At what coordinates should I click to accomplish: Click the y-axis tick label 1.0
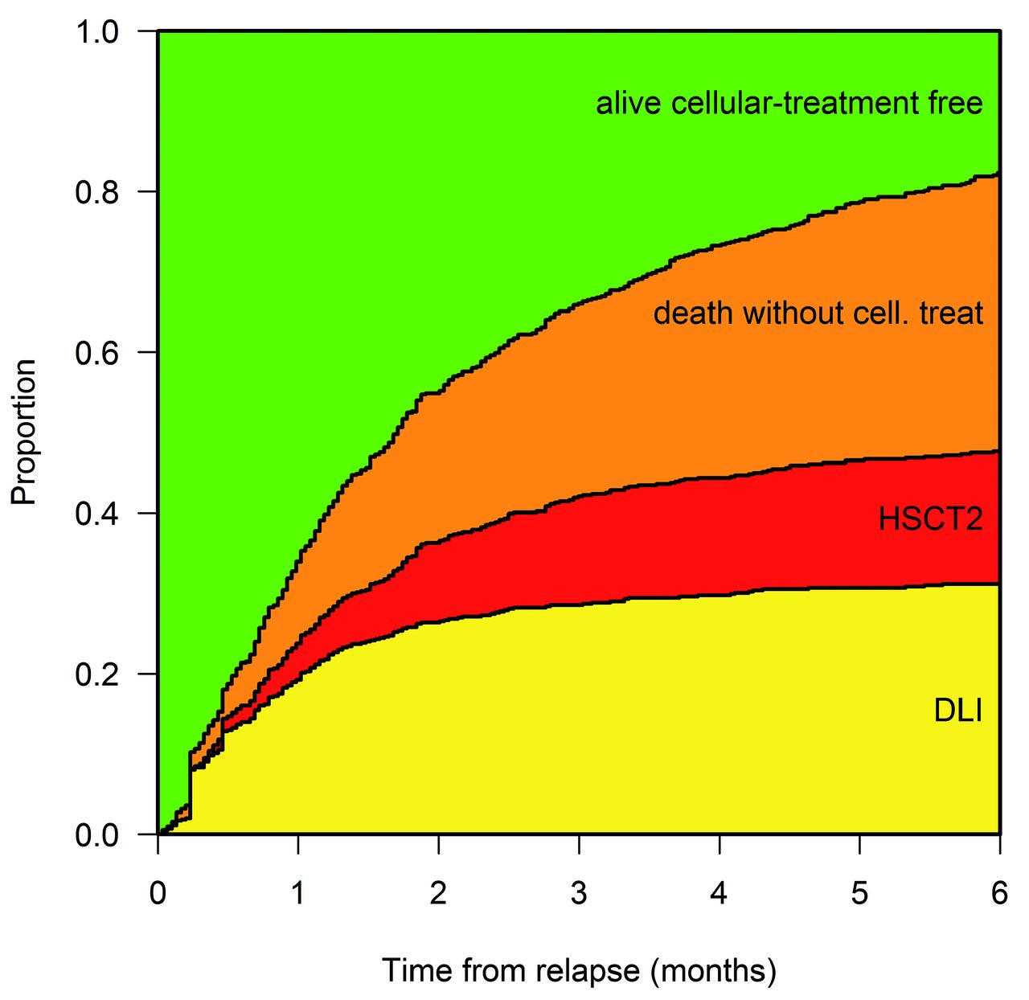(x=96, y=32)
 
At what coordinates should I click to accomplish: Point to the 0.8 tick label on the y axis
(x=96, y=193)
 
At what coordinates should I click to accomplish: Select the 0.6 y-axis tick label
(x=96, y=353)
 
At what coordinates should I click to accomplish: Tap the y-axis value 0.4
(x=96, y=514)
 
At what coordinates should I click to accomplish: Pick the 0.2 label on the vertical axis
(x=96, y=674)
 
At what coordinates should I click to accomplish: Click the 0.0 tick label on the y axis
(x=96, y=835)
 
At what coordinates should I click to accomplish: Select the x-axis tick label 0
(x=158, y=893)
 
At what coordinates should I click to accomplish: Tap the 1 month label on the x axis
(x=298, y=893)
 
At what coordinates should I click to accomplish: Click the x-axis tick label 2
(x=438, y=893)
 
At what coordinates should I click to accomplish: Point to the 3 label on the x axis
(x=579, y=893)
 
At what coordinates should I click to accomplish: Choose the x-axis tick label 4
(x=719, y=893)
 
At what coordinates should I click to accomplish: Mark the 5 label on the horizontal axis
(x=859, y=893)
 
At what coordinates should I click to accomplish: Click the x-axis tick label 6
(x=999, y=893)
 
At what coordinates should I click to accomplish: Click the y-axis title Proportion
(x=24, y=432)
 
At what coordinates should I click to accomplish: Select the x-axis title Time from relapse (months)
(x=579, y=971)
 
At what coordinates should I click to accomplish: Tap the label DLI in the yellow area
(x=958, y=711)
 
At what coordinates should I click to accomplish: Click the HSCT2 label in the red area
(x=930, y=519)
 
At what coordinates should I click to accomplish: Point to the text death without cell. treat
(x=818, y=313)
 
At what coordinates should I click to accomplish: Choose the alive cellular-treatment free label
(x=789, y=104)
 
